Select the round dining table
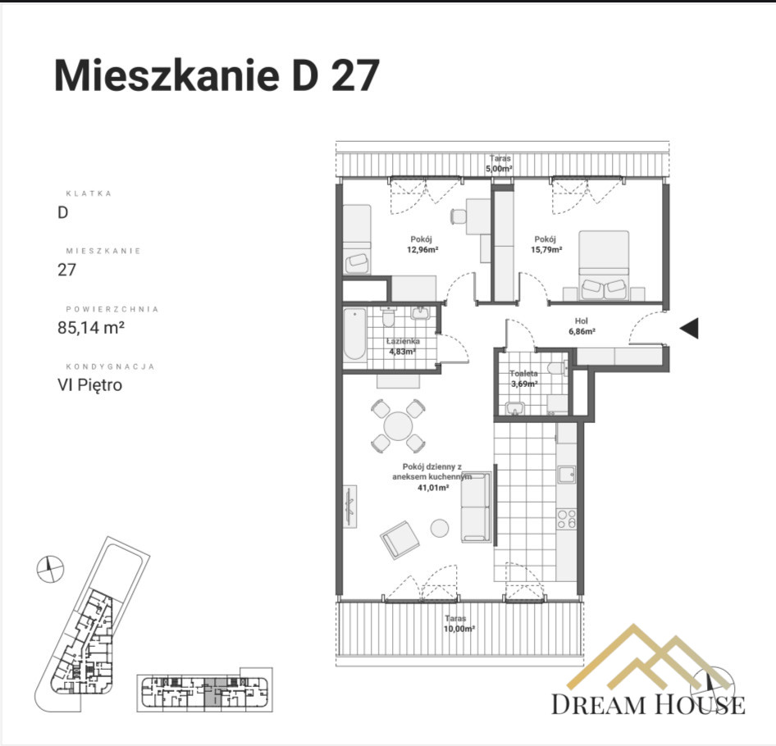pos(398,426)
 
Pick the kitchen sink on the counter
pos(567,475)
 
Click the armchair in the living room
pos(399,539)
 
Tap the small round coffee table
pos(439,528)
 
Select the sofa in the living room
pos(476,507)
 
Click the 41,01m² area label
pos(433,488)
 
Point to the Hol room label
pos(582,321)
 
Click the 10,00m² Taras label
pos(459,629)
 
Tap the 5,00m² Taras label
pos(499,169)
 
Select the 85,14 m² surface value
pos(91,327)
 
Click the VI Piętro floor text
pos(89,384)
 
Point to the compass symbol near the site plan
pos(50,569)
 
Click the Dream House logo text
pos(648,704)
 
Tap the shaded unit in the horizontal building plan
pos(210,694)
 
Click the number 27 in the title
pos(355,75)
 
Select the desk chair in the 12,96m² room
pos(459,216)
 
